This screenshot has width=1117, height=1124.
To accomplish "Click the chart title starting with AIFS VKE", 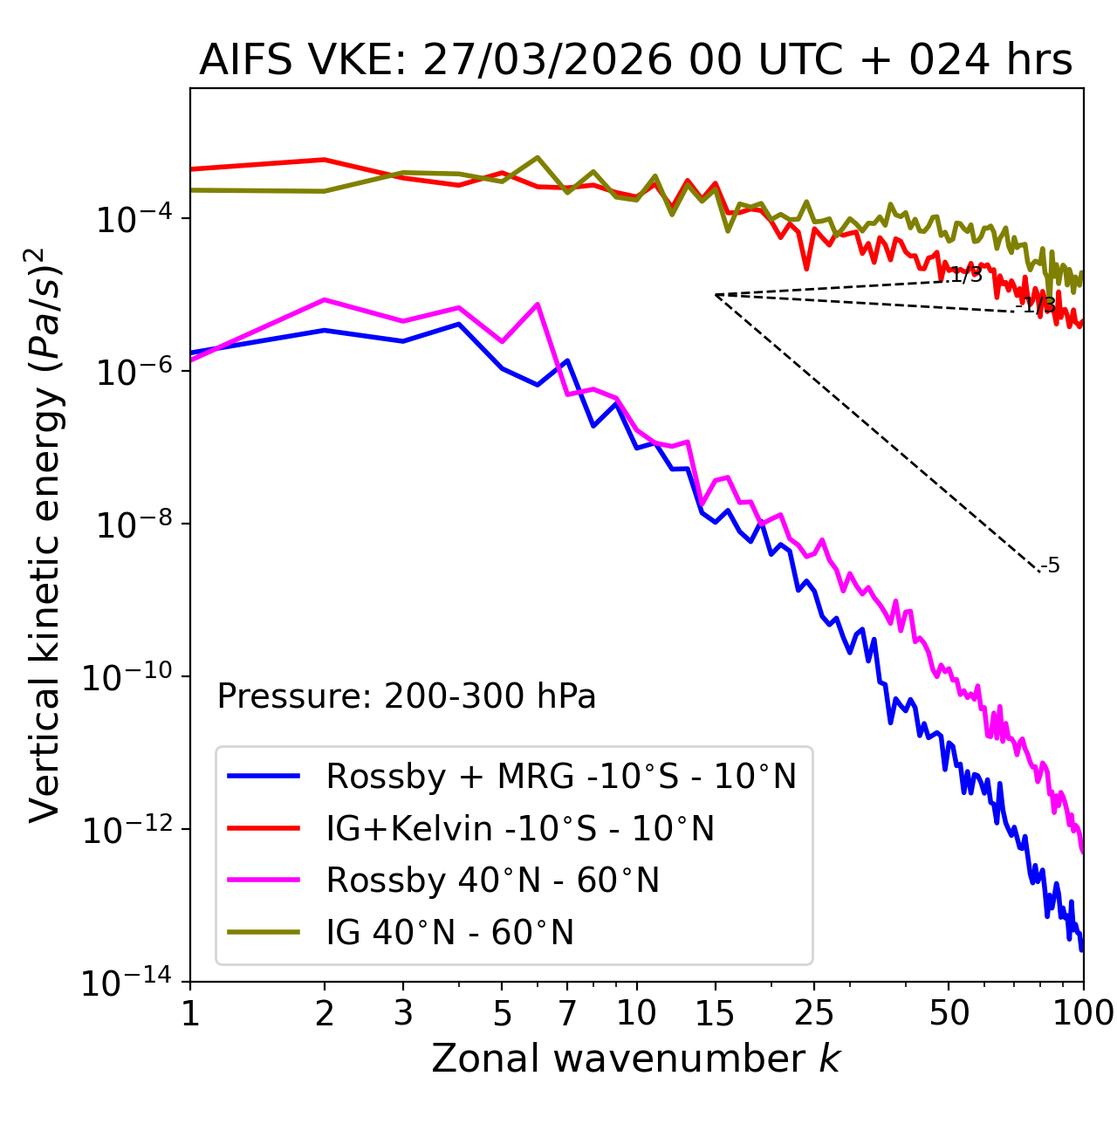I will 635,60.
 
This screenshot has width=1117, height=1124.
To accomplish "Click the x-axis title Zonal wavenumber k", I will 635,1058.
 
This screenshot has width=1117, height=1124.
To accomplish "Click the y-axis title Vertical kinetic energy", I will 45,534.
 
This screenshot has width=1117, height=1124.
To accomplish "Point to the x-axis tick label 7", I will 567,1013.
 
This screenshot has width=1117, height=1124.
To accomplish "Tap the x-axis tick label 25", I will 813,1013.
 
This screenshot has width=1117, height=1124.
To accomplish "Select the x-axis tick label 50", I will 949,1013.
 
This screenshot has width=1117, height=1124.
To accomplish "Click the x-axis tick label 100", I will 1083,1013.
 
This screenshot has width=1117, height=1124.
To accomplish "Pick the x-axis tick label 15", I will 715,1013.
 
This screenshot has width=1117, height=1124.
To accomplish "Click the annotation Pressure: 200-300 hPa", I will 407,696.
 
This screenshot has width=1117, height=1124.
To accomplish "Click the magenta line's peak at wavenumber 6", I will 538,304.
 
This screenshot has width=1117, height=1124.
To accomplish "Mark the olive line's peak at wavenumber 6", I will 538,157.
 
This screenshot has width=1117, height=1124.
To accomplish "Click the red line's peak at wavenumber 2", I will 325,160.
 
